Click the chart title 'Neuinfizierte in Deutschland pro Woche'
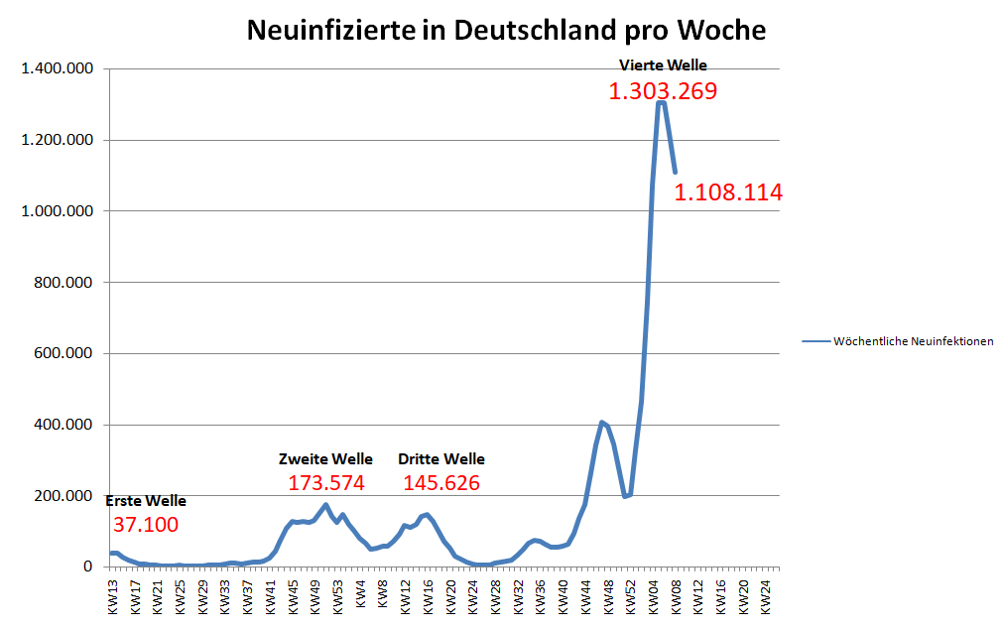[506, 30]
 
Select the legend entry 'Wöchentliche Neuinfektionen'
[913, 341]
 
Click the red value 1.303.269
[663, 92]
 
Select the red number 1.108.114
[728, 192]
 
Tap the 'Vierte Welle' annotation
[663, 65]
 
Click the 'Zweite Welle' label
[325, 459]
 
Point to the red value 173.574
[326, 484]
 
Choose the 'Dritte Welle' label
[441, 459]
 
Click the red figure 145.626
[441, 484]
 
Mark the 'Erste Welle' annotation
[146, 501]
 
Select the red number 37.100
[146, 525]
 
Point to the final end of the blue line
[675, 172]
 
